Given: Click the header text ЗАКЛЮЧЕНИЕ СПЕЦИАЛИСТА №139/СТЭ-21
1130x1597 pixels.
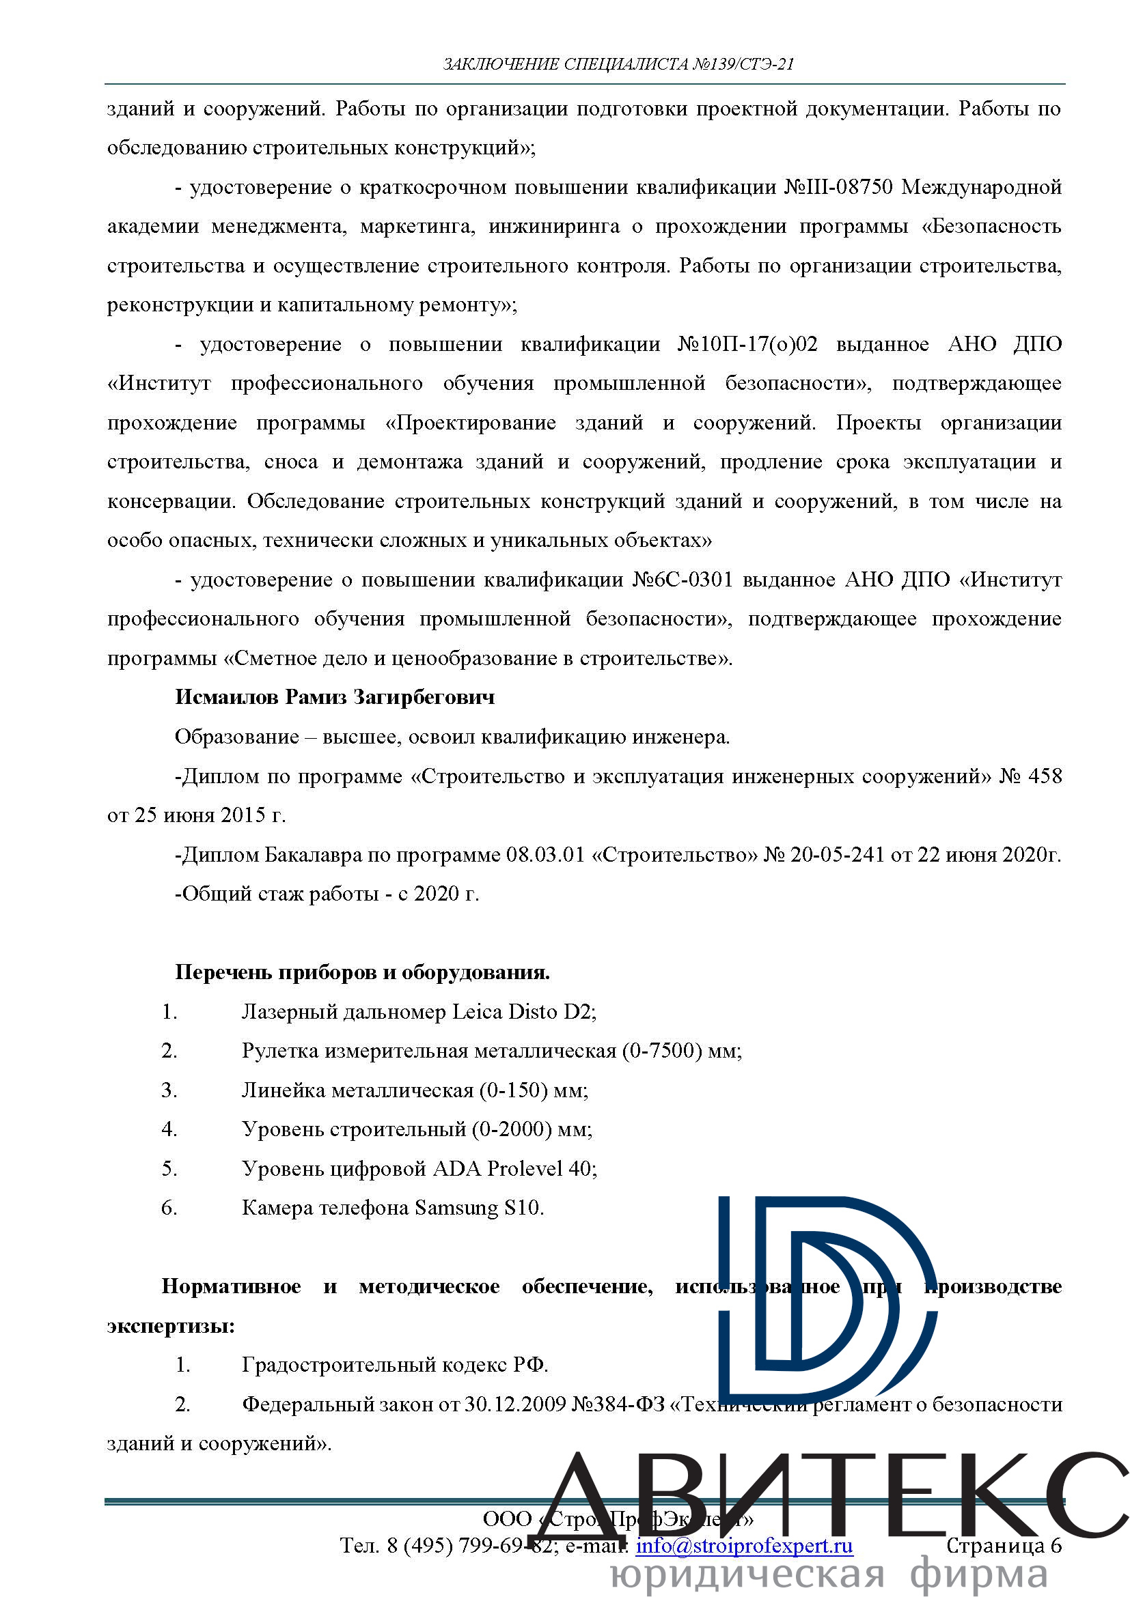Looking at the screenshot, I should click(x=618, y=65).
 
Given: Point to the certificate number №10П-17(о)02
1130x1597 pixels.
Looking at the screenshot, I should click(x=747, y=344).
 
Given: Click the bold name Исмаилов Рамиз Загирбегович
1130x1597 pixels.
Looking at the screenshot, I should click(x=335, y=697).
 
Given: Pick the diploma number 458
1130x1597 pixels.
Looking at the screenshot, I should click(x=1045, y=776).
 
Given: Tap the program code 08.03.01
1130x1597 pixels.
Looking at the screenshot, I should click(x=545, y=854).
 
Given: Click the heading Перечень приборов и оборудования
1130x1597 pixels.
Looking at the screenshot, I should click(x=363, y=972).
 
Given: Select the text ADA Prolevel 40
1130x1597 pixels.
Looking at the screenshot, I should click(x=514, y=1168).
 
